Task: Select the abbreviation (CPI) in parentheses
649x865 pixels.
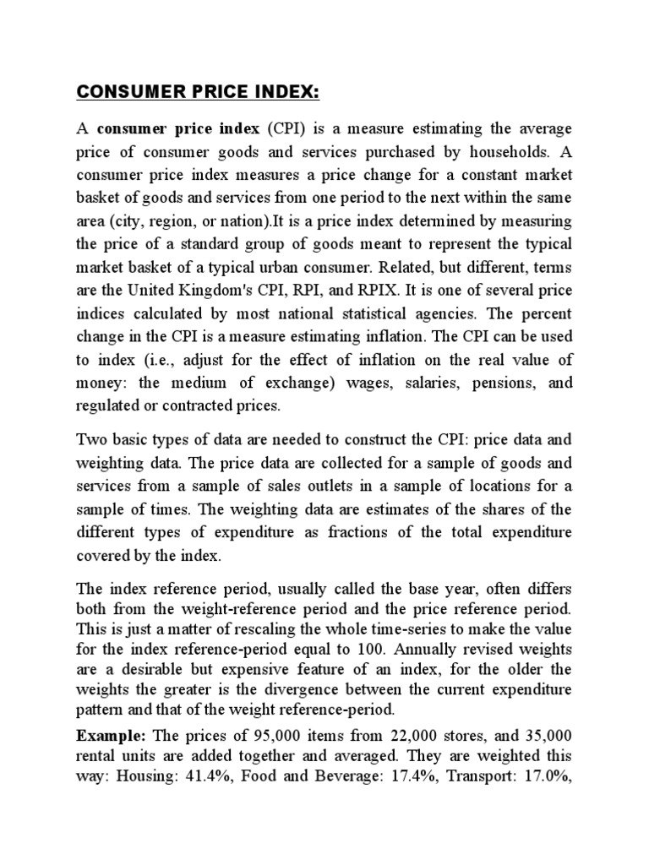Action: (x=285, y=129)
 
